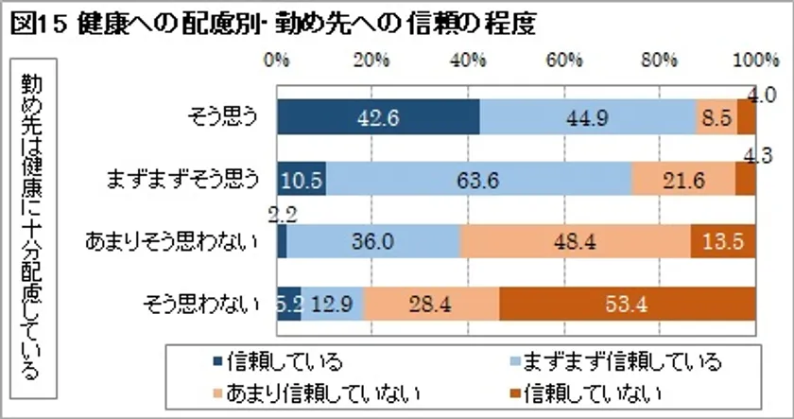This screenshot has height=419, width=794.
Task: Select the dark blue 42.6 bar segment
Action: (x=378, y=119)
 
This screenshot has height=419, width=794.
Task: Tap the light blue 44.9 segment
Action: (x=587, y=119)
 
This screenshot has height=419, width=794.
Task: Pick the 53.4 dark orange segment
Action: (x=628, y=303)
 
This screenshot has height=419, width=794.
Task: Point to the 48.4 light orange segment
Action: (x=575, y=242)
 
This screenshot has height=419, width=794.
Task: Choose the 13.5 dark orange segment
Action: (x=724, y=242)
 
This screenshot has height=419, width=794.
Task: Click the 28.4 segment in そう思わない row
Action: (x=430, y=303)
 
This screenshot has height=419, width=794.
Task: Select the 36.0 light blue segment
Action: (x=373, y=242)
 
